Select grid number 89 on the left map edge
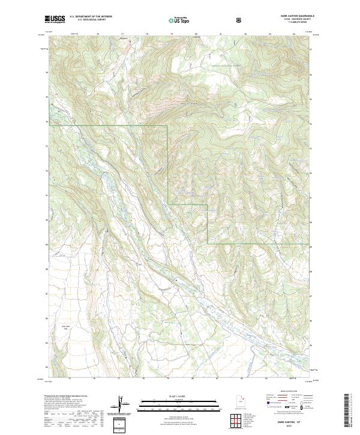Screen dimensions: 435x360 point(47,245)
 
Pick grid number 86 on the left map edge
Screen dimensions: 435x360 point(47,319)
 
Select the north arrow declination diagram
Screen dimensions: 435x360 point(122,406)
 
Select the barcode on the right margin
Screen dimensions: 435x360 point(346,411)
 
